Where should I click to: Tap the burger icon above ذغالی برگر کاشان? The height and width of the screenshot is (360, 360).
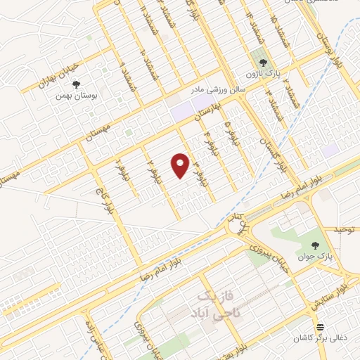pyautogui.click(x=321, y=327)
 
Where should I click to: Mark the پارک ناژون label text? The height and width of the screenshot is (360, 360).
pyautogui.click(x=266, y=73)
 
